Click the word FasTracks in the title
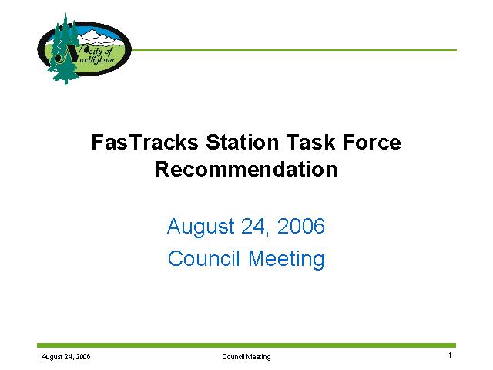click(145, 142)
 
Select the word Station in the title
click(243, 142)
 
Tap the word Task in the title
click(310, 142)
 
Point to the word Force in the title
click(371, 142)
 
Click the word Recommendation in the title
click(246, 170)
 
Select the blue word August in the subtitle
click(200, 227)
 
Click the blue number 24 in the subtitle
click(253, 226)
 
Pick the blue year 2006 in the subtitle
click(301, 226)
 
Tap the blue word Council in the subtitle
click(203, 258)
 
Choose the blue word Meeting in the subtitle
click(287, 260)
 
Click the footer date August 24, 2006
click(66, 357)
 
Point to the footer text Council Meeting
click(246, 357)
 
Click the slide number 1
click(450, 355)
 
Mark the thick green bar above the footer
click(246, 345)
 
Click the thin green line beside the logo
click(293, 50)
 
